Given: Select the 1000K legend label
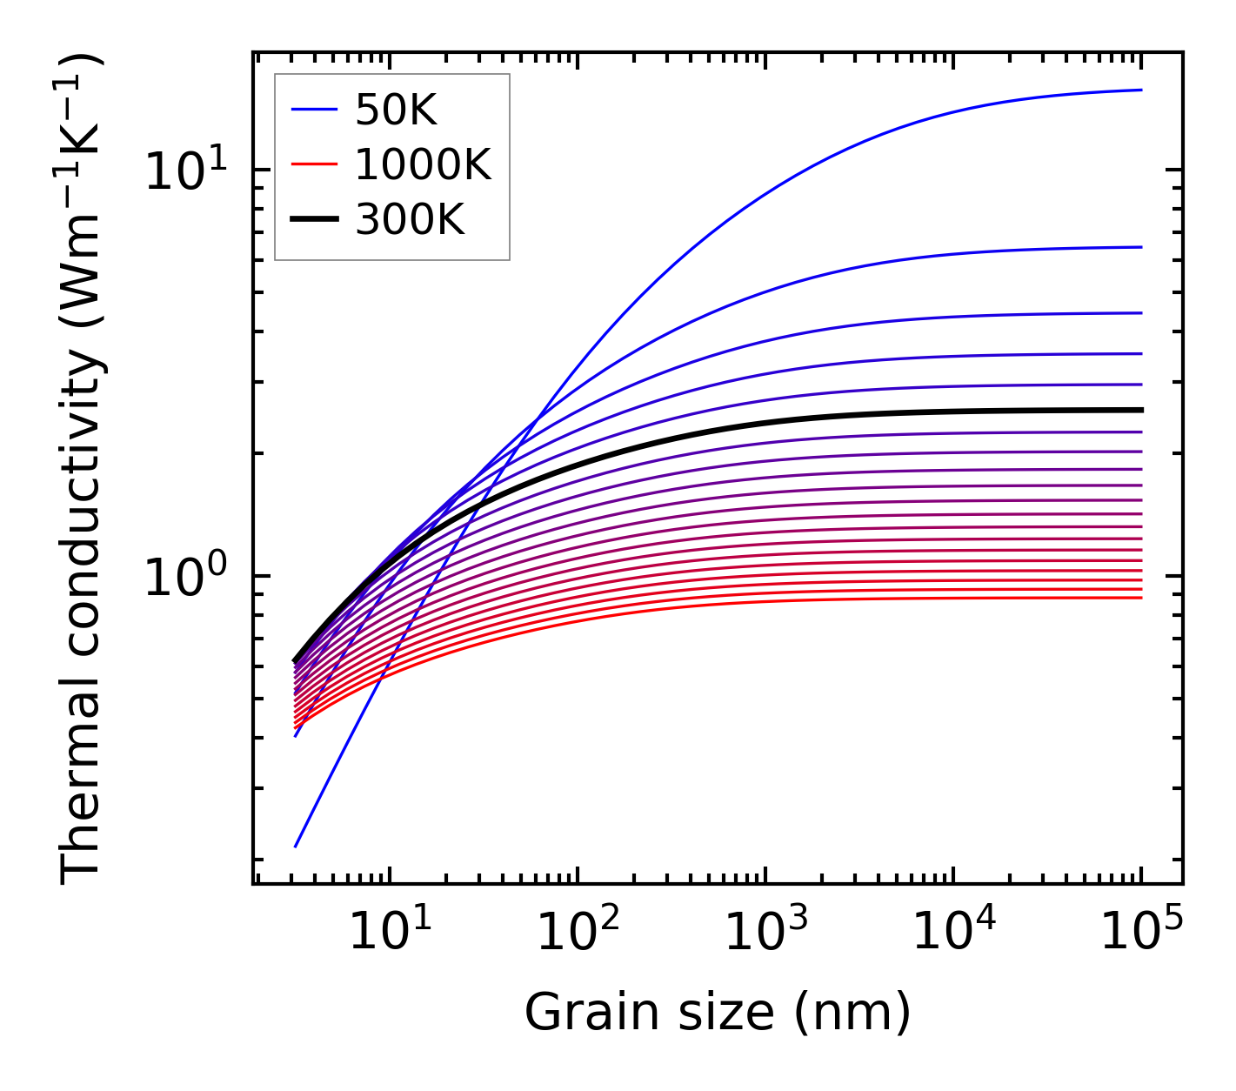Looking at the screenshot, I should (423, 165).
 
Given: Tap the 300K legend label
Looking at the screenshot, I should (410, 220).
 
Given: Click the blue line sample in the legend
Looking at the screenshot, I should (313, 110).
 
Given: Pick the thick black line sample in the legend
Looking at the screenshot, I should (313, 220).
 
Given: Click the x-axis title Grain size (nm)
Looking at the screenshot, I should (718, 1013).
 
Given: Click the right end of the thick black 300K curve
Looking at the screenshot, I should (1140, 410).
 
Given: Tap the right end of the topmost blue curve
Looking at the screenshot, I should (1140, 90).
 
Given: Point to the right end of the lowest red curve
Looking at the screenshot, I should (1140, 597).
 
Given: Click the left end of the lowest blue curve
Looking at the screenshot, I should (297, 846).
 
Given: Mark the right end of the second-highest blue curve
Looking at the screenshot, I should (1140, 247).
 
